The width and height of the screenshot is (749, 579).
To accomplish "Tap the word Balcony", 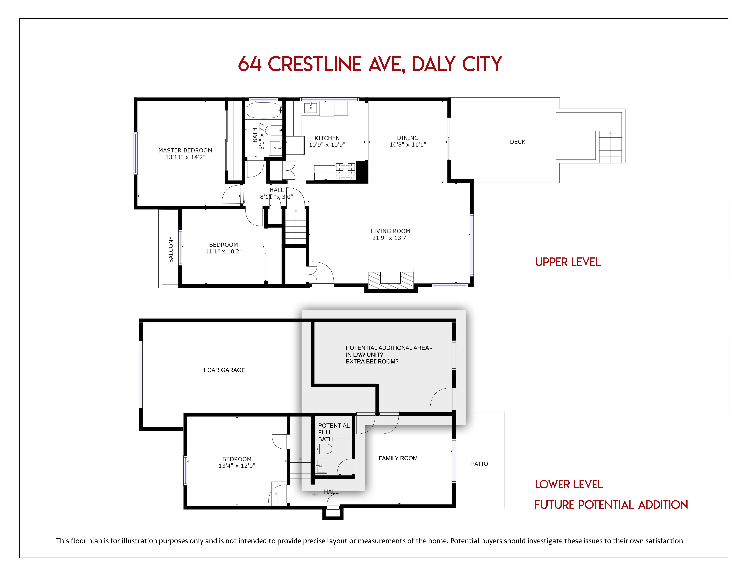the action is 171,249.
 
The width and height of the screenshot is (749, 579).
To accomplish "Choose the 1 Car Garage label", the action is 224,370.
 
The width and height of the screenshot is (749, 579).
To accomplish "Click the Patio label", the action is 479,464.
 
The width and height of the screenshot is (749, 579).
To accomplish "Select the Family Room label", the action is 398,458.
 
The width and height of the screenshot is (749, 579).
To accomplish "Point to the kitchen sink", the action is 311,107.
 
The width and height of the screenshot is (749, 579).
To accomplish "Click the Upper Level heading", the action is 568,262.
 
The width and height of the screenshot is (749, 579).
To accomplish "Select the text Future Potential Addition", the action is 611,505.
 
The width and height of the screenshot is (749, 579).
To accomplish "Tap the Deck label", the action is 517,142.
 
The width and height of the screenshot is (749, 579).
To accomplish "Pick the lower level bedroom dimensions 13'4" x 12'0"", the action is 237,466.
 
